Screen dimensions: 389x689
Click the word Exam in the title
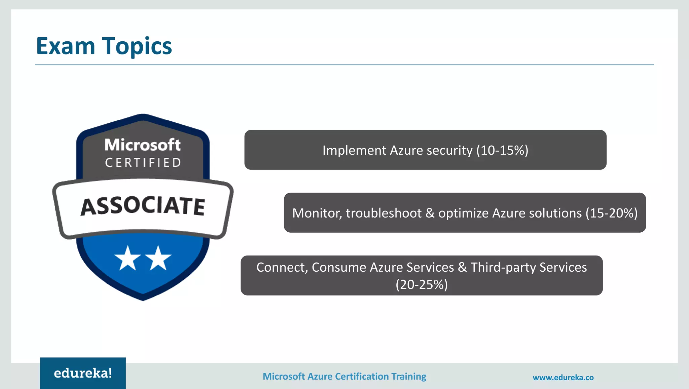pyautogui.click(x=66, y=46)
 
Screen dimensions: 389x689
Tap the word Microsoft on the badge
pyautogui.click(x=143, y=145)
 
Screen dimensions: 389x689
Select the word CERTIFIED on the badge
pyautogui.click(x=143, y=163)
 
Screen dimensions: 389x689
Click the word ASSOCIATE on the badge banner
pyautogui.click(x=143, y=206)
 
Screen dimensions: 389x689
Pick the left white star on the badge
pyautogui.click(x=128, y=258)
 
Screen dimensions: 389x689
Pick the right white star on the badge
pyautogui.click(x=158, y=258)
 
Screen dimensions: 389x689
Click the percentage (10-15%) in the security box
pyautogui.click(x=502, y=150)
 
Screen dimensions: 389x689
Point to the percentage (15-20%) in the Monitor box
pyautogui.click(x=611, y=213)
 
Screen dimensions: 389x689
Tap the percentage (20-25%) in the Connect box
pyautogui.click(x=422, y=284)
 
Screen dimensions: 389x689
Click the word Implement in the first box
pyautogui.click(x=354, y=150)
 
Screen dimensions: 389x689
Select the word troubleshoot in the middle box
pyautogui.click(x=384, y=213)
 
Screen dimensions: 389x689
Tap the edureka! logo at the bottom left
pyautogui.click(x=83, y=373)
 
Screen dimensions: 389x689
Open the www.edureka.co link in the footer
pyautogui.click(x=563, y=378)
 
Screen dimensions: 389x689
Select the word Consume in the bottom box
pyautogui.click(x=339, y=267)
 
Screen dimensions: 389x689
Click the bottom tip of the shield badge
pyautogui.click(x=143, y=299)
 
